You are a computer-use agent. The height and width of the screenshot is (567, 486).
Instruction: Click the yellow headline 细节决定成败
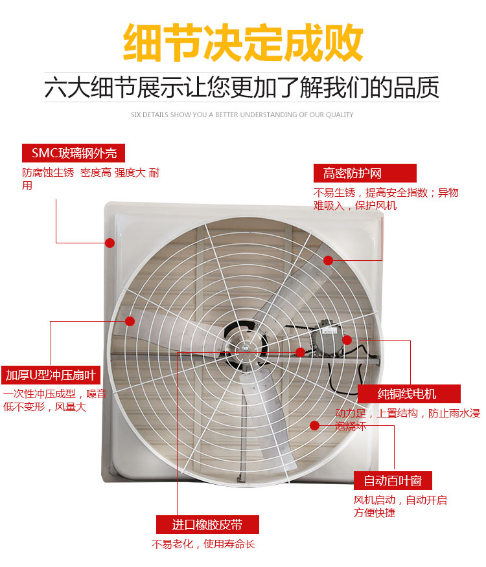(x=243, y=42)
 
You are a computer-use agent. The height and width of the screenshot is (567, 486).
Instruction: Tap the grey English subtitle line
(x=242, y=115)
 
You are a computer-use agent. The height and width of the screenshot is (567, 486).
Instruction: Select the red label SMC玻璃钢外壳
(x=73, y=153)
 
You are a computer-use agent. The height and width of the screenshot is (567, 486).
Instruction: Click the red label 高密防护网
(x=365, y=173)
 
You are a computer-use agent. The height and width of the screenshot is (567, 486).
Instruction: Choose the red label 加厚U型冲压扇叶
(x=51, y=375)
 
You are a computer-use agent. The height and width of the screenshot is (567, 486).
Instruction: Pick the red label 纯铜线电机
(x=409, y=394)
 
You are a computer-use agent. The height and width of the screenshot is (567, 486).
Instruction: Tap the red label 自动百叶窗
(x=393, y=480)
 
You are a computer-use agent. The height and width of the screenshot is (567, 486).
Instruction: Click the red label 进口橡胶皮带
(x=207, y=525)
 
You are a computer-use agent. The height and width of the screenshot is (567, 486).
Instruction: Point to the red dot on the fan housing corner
(x=110, y=243)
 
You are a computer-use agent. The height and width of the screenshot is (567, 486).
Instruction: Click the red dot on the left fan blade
(x=130, y=321)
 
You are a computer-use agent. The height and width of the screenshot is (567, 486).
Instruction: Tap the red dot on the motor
(x=347, y=340)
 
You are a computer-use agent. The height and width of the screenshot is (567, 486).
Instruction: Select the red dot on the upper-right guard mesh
(x=328, y=260)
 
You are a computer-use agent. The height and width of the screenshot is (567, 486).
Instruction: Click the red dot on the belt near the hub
(x=300, y=352)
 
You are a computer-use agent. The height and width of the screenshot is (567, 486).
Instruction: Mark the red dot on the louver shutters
(x=315, y=426)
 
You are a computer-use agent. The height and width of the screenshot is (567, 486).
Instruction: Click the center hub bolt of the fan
(x=246, y=349)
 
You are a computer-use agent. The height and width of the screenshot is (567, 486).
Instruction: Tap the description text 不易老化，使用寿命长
(x=203, y=544)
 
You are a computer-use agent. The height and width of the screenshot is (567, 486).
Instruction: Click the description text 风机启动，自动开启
(x=400, y=500)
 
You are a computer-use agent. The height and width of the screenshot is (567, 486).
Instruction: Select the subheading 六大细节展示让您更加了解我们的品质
(x=242, y=87)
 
